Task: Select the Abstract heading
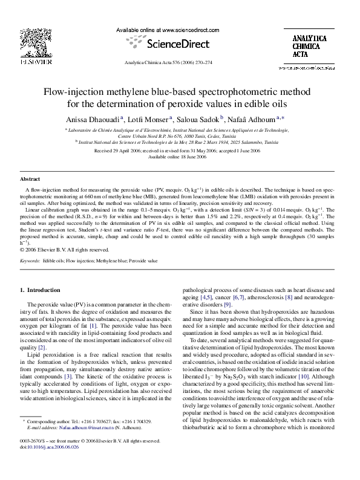pyautogui.click(x=30, y=180)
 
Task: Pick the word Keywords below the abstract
pyautogui.click(x=30, y=261)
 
